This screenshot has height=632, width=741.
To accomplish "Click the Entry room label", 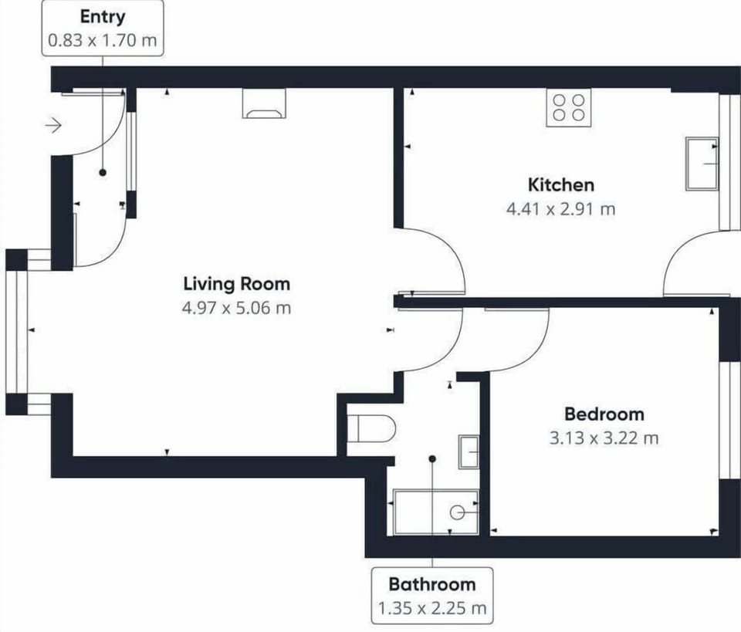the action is (103, 17).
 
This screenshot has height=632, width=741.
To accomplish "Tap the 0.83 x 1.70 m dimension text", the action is (103, 40).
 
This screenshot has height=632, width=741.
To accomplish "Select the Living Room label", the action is (237, 284).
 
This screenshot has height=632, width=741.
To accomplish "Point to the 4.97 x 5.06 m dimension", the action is (236, 308).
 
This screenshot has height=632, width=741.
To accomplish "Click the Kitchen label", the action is (561, 184).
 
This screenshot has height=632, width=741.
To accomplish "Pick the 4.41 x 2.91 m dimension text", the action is (561, 209).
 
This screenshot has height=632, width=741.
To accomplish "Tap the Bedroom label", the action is (604, 414).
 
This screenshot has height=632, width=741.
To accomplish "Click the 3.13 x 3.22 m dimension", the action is (604, 438).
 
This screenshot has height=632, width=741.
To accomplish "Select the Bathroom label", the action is (432, 585).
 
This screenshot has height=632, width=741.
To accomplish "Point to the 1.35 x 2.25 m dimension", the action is (432, 608).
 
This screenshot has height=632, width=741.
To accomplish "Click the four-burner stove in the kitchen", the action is (569, 107).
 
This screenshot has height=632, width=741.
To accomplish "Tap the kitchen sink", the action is (702, 164).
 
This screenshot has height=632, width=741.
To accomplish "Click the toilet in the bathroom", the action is (371, 428).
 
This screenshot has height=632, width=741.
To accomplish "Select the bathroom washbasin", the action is (469, 452).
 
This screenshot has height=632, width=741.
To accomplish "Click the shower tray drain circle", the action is (456, 512).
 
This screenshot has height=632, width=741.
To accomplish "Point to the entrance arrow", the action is (53, 126).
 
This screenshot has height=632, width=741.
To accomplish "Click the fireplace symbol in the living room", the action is (264, 103).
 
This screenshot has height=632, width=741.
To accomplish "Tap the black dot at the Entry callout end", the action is (103, 173).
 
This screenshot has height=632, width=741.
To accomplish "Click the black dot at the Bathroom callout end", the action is (432, 458).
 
